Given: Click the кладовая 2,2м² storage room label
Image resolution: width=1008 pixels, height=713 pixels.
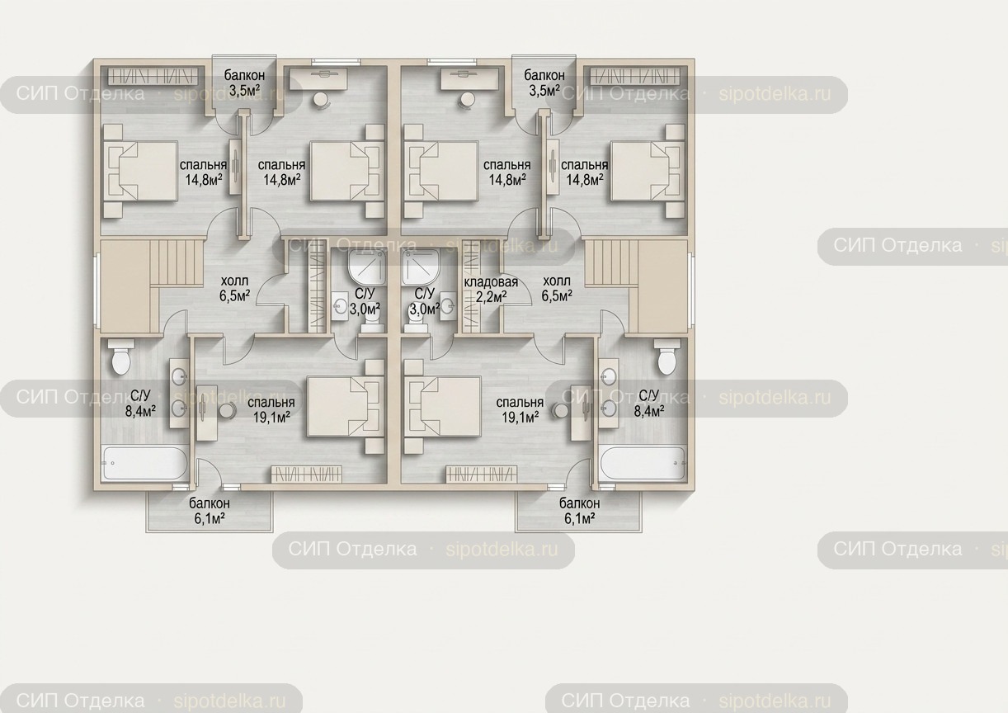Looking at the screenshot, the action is (491, 289).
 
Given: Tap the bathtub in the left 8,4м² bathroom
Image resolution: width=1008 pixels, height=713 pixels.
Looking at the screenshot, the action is (145, 463).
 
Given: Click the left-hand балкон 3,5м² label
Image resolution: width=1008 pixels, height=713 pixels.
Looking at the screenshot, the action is (244, 83).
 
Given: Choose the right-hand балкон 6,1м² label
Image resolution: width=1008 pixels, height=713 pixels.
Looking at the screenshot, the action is (580, 511).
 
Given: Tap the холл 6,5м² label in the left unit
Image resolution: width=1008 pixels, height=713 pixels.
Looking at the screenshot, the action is (235, 289).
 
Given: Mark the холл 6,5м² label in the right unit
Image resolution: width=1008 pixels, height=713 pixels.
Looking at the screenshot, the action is (557, 289).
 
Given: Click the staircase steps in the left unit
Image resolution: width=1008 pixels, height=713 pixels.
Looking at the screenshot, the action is (177, 262).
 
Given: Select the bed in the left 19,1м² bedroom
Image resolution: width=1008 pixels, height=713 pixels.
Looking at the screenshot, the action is (345, 407).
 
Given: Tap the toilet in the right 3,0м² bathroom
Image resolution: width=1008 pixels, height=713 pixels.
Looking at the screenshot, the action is (414, 323).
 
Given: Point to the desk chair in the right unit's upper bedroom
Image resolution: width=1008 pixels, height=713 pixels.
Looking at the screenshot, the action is (467, 101).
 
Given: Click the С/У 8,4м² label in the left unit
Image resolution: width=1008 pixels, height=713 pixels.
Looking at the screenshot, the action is (140, 404).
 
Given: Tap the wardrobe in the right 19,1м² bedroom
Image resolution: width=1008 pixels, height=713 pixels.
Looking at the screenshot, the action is (481, 474).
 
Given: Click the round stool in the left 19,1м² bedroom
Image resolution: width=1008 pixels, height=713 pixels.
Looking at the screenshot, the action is (228, 411).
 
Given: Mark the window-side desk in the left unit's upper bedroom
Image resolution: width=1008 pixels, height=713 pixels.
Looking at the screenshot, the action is (318, 78).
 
